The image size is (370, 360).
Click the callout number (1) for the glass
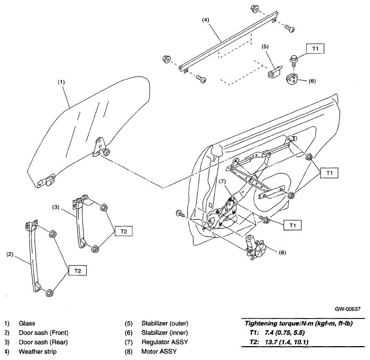pyautogui.click(x=61, y=82)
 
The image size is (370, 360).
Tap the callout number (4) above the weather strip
pyautogui.click(x=206, y=20)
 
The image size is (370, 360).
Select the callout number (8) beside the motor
pyautogui.click(x=282, y=253)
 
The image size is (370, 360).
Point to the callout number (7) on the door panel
pyautogui.click(x=222, y=181)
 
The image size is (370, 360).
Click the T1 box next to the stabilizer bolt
pyautogui.click(x=315, y=48)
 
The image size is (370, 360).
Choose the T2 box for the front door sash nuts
pyautogui.click(x=78, y=271)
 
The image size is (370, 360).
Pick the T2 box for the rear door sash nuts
pyautogui.click(x=124, y=231)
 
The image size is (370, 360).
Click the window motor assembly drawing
pyautogui.click(x=256, y=247)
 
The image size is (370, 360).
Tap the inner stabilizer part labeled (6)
pyautogui.click(x=292, y=78)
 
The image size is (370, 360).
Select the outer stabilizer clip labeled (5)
pyautogui.click(x=275, y=72)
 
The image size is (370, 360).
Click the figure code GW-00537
pyautogui.click(x=348, y=309)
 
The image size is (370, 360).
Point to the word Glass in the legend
pyautogui.click(x=27, y=323)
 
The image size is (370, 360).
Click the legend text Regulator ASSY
pyautogui.click(x=165, y=342)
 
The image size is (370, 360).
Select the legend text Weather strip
pyautogui.click(x=38, y=351)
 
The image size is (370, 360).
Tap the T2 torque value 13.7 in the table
pyautogui.click(x=271, y=342)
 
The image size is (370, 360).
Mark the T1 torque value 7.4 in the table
pyautogui.click(x=269, y=333)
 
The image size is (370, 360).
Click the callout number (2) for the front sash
pyautogui.click(x=10, y=255)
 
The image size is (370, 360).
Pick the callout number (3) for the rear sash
pyautogui.click(x=56, y=207)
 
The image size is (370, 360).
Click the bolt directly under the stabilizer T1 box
pyautogui.click(x=293, y=59)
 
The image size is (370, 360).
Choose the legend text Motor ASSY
pyautogui.click(x=159, y=351)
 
